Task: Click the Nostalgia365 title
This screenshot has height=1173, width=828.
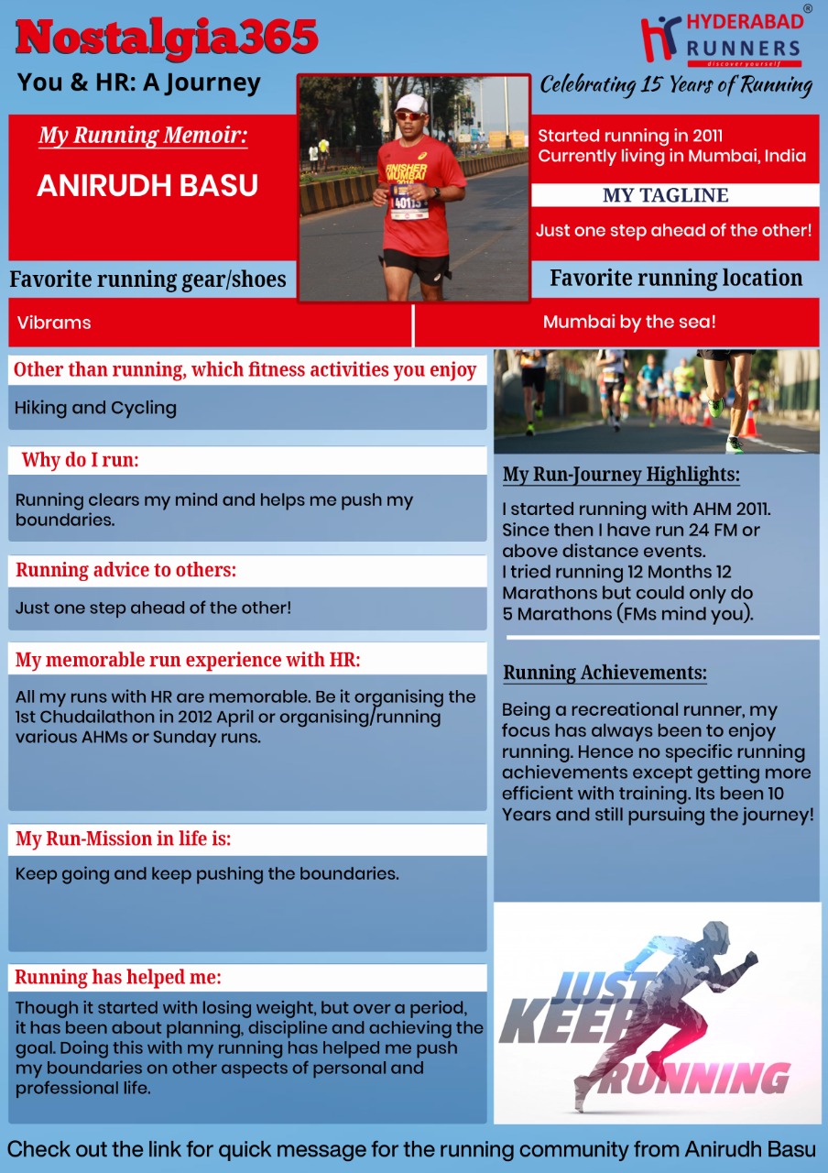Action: point(168,38)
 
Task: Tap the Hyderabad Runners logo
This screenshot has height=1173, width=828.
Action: point(723,38)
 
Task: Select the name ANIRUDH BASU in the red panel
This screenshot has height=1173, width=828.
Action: point(147,186)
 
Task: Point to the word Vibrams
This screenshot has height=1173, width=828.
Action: point(54,323)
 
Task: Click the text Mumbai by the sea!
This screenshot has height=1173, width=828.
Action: point(629,323)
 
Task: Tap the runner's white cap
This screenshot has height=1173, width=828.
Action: point(410,103)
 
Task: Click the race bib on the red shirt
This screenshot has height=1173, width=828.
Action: point(409,201)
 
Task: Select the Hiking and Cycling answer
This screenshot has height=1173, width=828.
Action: point(95,408)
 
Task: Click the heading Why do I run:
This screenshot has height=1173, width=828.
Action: point(81,460)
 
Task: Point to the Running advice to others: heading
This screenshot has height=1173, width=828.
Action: point(126,570)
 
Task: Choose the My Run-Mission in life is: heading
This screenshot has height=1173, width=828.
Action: point(124,839)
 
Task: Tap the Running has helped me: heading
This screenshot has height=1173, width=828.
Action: point(118,977)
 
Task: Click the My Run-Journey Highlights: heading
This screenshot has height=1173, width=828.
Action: point(621,475)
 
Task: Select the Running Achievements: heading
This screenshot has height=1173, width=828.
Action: point(605,673)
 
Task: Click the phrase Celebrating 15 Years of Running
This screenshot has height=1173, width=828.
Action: point(676,85)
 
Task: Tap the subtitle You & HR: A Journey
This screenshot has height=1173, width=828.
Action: point(139,82)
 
